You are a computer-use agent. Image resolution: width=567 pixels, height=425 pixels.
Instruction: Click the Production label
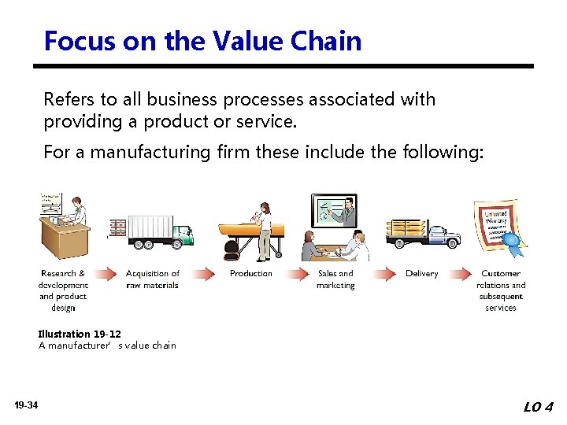point(250,274)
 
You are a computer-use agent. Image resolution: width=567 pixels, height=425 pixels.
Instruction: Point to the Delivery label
point(421,274)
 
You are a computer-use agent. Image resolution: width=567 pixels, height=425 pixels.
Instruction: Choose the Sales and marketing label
point(335,279)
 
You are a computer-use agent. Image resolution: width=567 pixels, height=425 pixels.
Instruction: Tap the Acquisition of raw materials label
point(153,279)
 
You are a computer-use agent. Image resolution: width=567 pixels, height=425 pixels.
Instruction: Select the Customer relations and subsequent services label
point(501,290)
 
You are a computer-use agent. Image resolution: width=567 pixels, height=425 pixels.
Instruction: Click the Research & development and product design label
point(63,290)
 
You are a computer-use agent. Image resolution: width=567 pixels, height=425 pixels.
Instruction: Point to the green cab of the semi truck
point(182,234)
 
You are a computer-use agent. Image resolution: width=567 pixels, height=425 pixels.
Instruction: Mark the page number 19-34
point(25,405)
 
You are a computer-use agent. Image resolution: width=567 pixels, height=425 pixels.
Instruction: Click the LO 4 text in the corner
point(539,407)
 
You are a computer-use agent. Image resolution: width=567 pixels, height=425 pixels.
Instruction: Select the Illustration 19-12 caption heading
point(80,334)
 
